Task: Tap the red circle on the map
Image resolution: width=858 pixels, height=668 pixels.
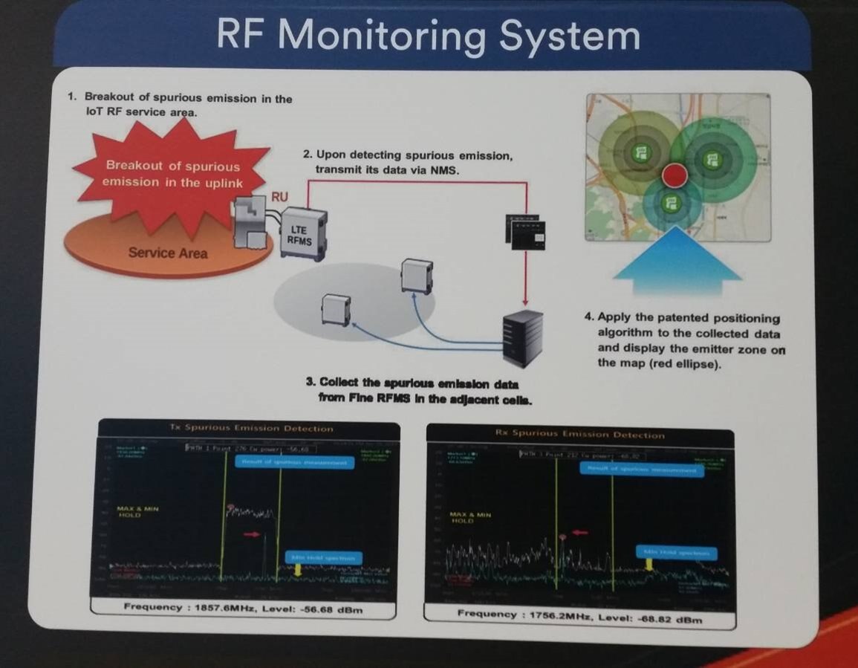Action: tap(675, 176)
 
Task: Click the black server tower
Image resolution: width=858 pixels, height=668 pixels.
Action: tap(521, 337)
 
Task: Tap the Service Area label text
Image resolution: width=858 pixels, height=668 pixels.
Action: tap(168, 253)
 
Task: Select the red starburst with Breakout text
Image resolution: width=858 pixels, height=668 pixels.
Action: tap(172, 175)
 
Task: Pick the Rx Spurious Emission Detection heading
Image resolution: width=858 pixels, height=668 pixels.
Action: tap(579, 435)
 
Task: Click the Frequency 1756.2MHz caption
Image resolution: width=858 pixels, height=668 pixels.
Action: tap(579, 616)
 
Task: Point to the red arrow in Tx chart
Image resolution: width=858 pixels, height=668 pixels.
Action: tap(253, 534)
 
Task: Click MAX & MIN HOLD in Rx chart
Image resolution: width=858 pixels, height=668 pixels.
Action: tap(470, 517)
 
